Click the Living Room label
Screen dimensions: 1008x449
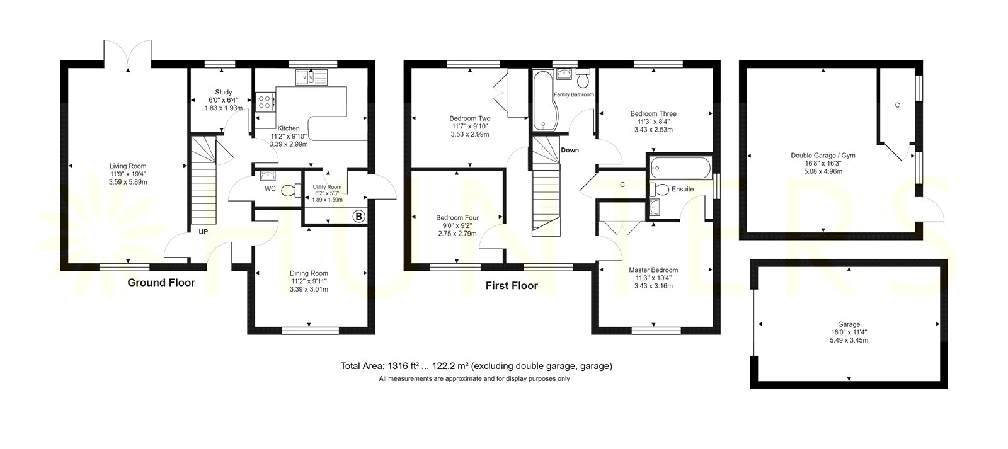128,166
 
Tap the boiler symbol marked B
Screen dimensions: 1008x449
358,217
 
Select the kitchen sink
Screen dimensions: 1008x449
311,77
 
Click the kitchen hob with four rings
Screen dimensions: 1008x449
265,101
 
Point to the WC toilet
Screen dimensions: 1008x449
291,191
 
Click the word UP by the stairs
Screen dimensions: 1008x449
203,232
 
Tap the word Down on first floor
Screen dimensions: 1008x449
570,151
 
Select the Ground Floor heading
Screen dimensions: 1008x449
161,283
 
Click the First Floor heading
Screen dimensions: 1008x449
512,286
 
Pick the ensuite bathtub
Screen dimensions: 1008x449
680,168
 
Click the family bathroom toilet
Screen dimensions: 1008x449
583,78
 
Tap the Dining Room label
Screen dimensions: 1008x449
309,273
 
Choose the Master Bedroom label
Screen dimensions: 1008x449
653,270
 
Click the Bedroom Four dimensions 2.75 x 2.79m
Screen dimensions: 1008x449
457,234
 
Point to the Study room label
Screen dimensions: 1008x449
223,92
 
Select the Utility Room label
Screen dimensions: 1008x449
327,187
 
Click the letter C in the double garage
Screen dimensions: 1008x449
897,105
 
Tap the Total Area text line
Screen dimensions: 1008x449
476,366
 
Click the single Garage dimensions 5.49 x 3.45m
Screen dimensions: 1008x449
849,341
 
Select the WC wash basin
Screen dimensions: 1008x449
268,176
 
